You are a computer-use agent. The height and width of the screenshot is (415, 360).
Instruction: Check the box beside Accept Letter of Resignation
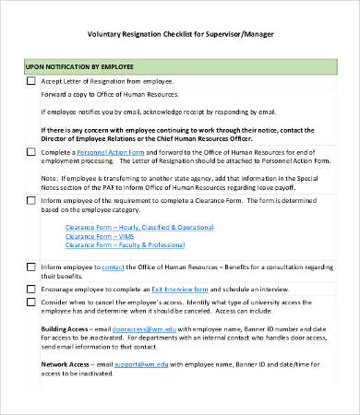(x=30, y=81)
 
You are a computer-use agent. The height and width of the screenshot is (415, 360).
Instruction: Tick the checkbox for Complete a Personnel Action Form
(x=30, y=151)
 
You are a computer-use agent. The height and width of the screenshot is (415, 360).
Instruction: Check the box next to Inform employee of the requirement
(x=30, y=199)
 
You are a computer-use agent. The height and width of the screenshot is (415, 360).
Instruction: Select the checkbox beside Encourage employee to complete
(x=30, y=289)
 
